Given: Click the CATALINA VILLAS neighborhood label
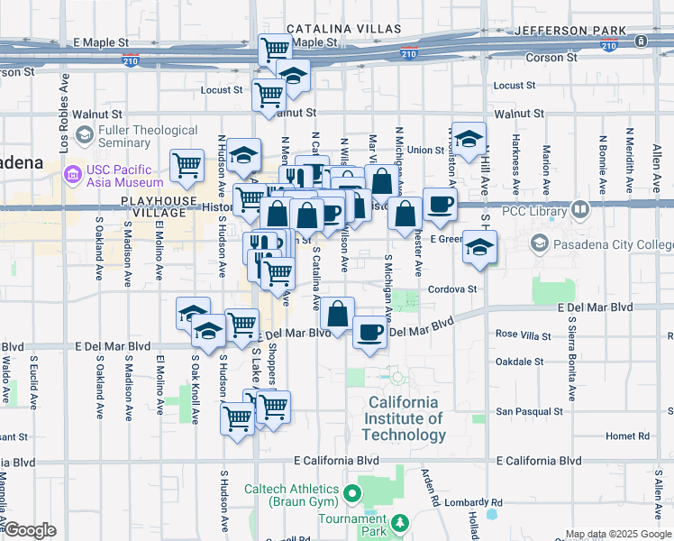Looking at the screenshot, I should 342,29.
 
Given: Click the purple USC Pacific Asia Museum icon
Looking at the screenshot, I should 72,171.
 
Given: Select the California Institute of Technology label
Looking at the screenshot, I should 404,418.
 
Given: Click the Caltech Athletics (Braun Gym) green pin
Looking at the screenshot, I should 352,493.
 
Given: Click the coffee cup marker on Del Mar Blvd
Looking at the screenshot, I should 369,331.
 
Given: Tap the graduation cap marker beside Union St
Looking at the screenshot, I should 468,139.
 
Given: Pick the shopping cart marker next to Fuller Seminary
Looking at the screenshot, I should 187,165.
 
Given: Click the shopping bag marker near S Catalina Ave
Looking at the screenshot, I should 337,315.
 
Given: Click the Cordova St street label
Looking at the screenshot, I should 452,289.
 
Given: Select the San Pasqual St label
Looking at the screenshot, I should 530,411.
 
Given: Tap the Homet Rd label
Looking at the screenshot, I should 621,436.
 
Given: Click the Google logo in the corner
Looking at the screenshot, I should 31,530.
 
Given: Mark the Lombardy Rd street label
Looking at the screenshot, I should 472,502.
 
